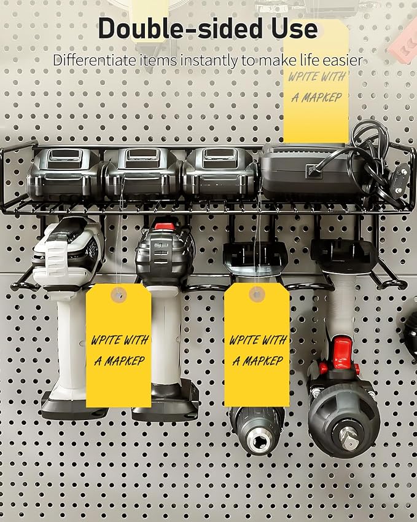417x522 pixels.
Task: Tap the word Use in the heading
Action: click(294, 29)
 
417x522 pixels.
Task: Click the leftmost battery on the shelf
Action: click(65, 174)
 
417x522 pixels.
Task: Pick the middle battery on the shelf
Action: click(144, 174)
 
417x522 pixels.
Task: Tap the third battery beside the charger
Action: click(220, 174)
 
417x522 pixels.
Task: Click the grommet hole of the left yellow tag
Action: click(119, 295)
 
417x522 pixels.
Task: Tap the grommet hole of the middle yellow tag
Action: click(257, 295)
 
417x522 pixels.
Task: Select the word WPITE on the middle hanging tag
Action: click(243, 340)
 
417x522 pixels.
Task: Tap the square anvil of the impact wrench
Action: click(348, 437)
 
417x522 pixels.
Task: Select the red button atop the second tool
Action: click(164, 226)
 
